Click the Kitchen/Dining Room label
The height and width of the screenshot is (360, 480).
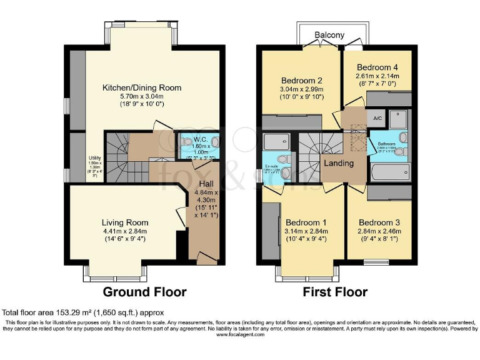point(142,87)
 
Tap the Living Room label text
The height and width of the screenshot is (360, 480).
point(125,222)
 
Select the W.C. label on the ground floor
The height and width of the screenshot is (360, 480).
point(201,139)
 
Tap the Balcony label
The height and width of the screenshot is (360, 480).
point(329,36)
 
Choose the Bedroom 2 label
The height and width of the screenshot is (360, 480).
point(301,81)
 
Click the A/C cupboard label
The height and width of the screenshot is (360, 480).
point(377,118)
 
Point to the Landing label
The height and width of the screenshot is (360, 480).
point(338,163)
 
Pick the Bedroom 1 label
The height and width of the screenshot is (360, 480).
point(306,222)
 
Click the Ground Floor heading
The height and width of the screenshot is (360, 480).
point(144,292)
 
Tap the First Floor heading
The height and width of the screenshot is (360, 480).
point(335,292)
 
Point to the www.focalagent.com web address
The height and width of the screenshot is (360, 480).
point(240,334)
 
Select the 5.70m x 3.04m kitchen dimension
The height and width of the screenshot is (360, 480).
point(142,96)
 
